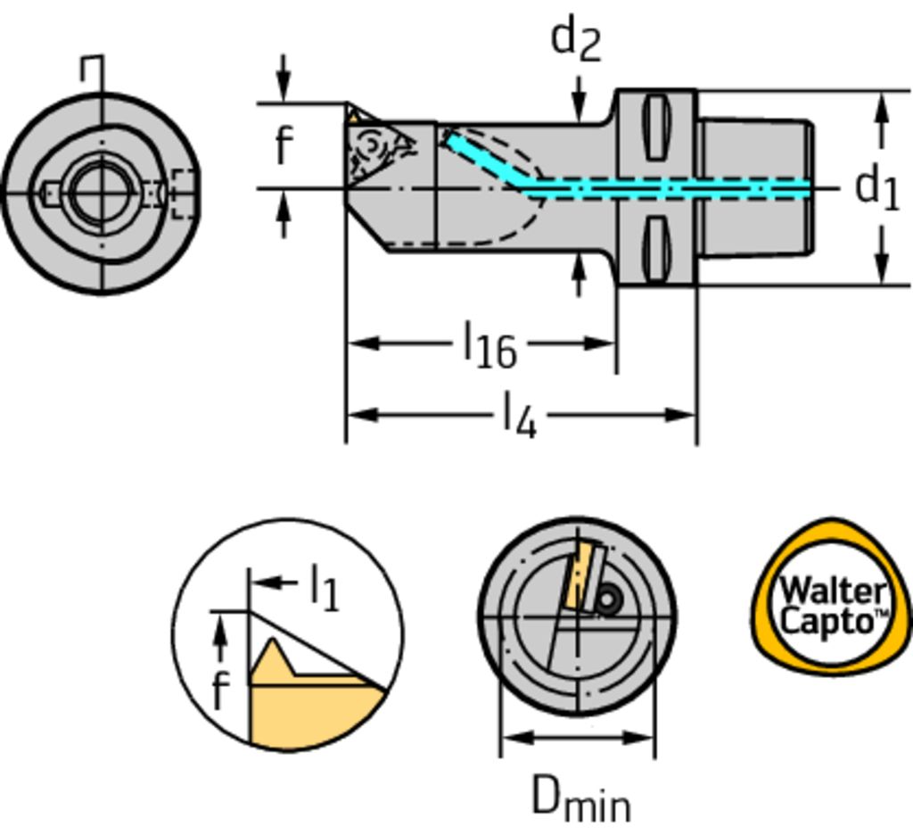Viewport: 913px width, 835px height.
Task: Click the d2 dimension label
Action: pyautogui.click(x=576, y=39)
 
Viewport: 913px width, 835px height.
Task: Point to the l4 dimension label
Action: pyautogui.click(x=520, y=416)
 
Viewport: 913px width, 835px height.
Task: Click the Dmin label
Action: pyautogui.click(x=580, y=798)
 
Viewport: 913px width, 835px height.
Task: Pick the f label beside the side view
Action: pyautogui.click(x=284, y=145)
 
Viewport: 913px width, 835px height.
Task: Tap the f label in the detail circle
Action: pyautogui.click(x=220, y=689)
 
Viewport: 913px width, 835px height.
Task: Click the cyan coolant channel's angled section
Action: pyautogui.click(x=482, y=161)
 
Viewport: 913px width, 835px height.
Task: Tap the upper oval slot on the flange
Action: pyautogui.click(x=655, y=127)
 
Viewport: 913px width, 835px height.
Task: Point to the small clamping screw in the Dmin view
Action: pyautogui.click(x=608, y=600)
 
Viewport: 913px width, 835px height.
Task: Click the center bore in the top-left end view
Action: pyautogui.click(x=99, y=190)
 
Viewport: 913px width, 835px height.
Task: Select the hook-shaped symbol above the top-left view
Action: pyautogui.click(x=94, y=70)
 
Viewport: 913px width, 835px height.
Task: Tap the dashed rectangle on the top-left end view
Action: pyautogui.click(x=183, y=192)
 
